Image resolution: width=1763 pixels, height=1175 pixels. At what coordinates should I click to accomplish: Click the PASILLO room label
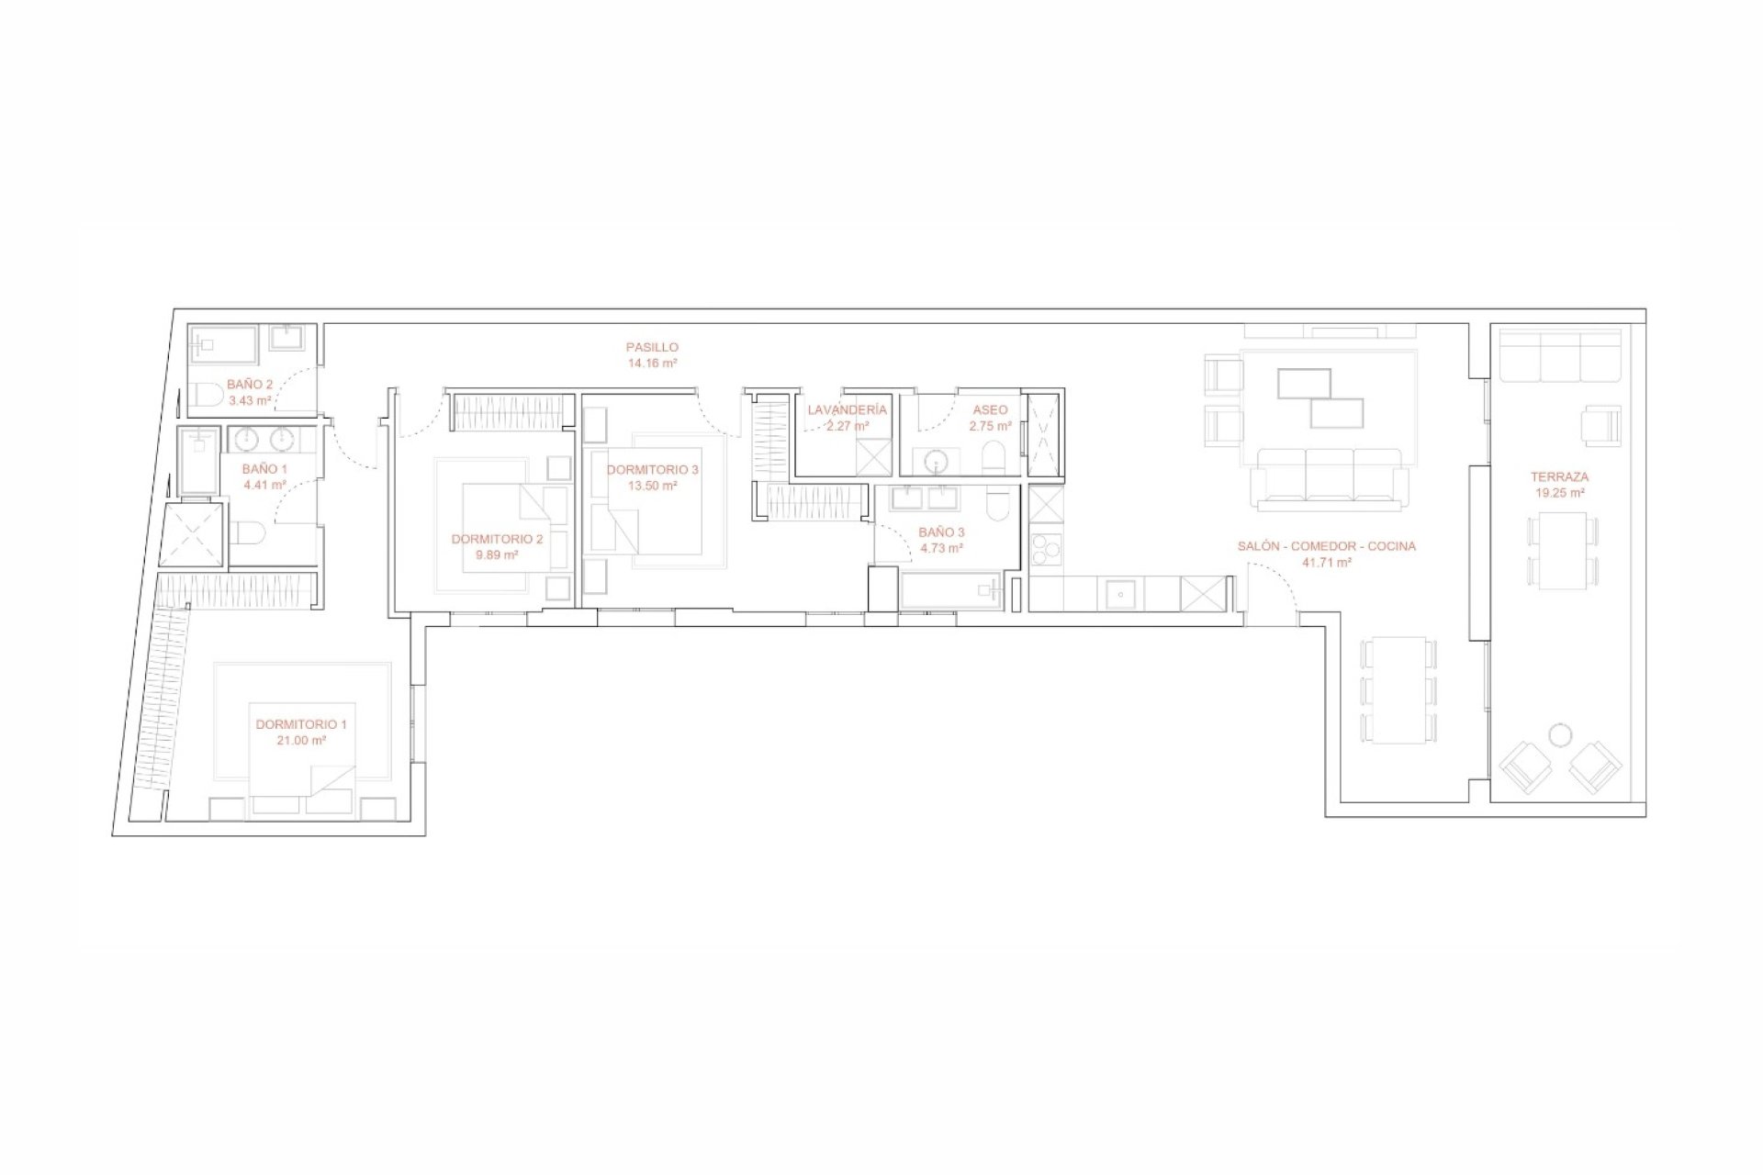pos(652,348)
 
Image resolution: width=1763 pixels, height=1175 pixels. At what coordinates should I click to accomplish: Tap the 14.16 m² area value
pos(652,364)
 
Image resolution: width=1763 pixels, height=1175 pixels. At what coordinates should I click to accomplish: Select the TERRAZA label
pos(1560,477)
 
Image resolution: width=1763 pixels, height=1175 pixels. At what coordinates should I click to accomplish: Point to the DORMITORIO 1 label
pos(301,724)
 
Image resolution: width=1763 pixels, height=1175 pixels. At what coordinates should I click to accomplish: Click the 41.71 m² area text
pos(1327,562)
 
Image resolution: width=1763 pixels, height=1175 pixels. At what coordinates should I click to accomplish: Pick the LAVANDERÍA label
pos(848,410)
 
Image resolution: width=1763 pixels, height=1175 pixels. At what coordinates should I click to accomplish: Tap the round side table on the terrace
pos(1559,734)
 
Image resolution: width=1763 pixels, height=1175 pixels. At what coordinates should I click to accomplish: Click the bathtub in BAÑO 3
pos(952,592)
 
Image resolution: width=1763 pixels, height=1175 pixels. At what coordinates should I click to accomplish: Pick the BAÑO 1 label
pos(264,469)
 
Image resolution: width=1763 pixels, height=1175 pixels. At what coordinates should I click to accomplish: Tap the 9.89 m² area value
pos(497,554)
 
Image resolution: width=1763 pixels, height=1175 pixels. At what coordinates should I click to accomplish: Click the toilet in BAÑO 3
pos(996,504)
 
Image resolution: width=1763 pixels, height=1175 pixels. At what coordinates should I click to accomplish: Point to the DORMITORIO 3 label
pos(652,470)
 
